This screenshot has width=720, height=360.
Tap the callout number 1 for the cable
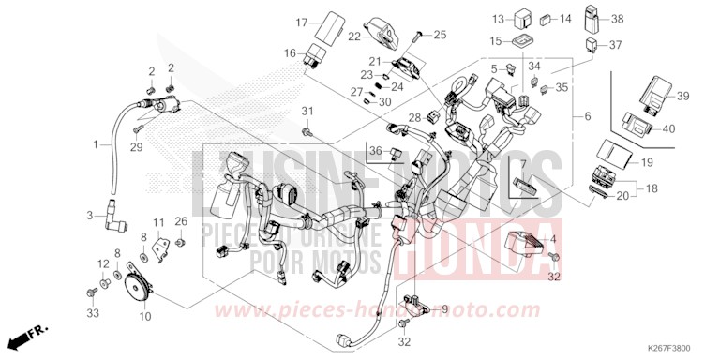(95, 144)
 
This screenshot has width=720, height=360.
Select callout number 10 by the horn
(144, 291)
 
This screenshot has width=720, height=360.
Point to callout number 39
(682, 97)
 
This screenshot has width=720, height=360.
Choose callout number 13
(498, 18)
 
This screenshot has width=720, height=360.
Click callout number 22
(354, 37)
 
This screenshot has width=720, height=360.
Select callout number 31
(306, 113)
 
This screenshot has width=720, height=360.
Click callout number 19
(647, 163)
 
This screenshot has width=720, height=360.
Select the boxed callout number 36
(373, 151)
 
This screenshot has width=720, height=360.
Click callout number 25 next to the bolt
(440, 35)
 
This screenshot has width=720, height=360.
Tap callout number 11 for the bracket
(159, 222)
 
